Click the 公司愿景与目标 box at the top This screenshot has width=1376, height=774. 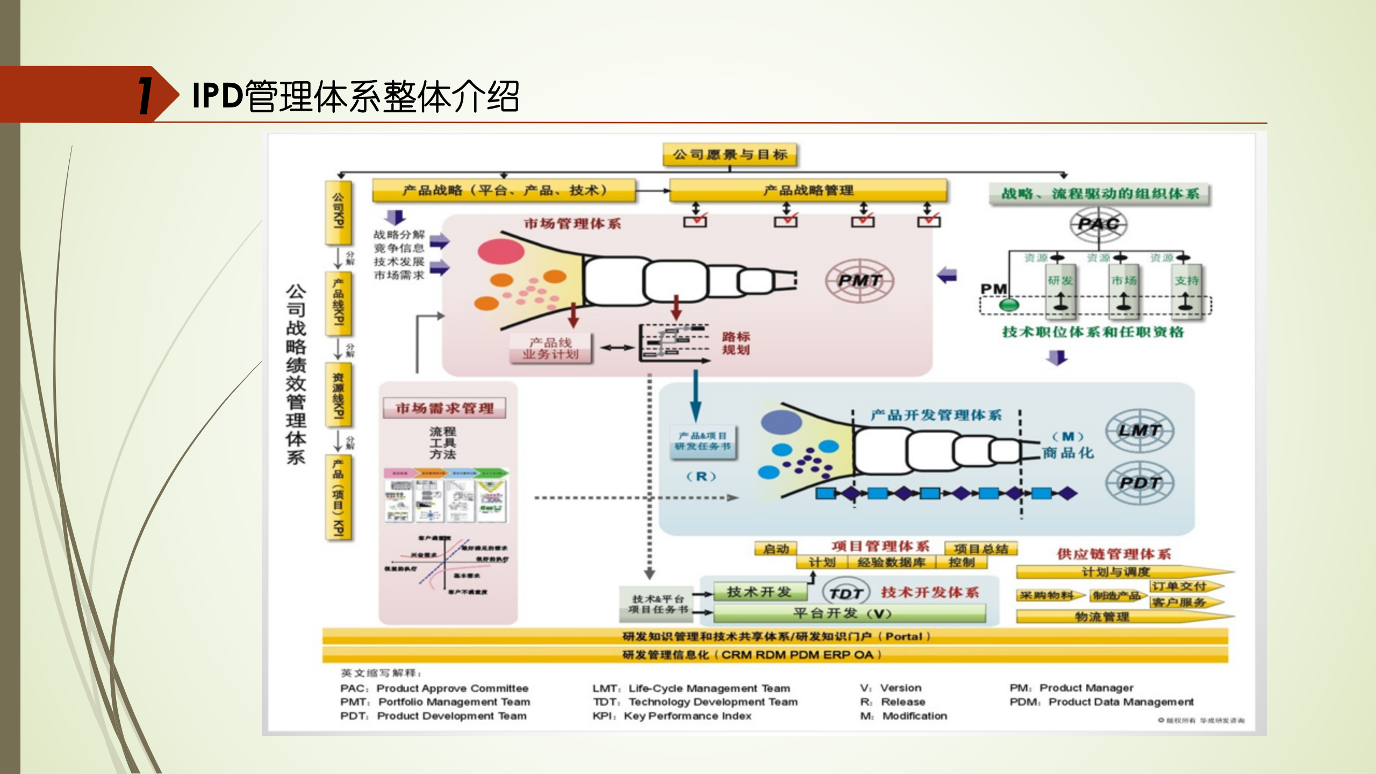(x=729, y=155)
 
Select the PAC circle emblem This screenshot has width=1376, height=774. (x=1098, y=224)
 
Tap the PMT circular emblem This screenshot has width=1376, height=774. (x=859, y=280)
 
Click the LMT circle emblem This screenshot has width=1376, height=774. (x=1139, y=431)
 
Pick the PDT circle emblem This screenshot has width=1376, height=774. (x=1139, y=483)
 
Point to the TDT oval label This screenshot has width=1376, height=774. (x=845, y=593)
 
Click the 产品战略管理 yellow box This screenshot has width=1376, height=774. (x=808, y=190)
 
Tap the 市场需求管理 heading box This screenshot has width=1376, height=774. (x=445, y=408)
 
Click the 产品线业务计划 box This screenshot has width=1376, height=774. (x=550, y=348)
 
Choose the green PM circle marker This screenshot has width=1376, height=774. (x=1008, y=305)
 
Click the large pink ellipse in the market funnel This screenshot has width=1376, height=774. (x=501, y=251)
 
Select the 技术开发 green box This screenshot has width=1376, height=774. (x=759, y=592)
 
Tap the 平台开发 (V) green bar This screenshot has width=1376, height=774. (x=849, y=613)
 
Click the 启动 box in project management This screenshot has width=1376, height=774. (x=776, y=549)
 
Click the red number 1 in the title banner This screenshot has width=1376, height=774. (x=145, y=95)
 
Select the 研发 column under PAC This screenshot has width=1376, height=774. (x=1060, y=290)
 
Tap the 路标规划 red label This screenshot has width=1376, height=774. (x=735, y=343)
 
